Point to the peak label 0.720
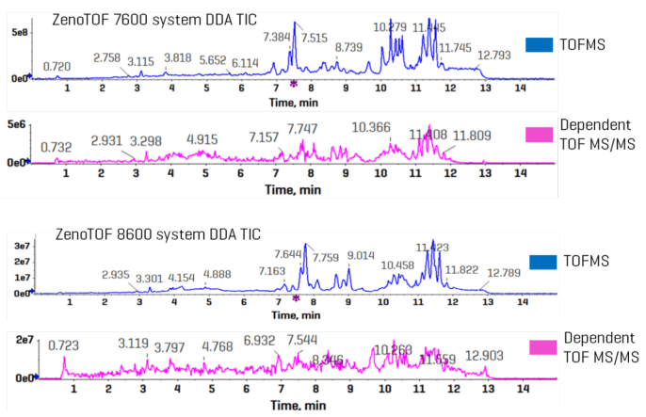pos(57,66)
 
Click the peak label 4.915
pos(202,138)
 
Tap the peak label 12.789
pos(495,274)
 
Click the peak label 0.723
pos(65,345)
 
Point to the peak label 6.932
pos(263,340)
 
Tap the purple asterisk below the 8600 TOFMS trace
pos(296,298)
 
